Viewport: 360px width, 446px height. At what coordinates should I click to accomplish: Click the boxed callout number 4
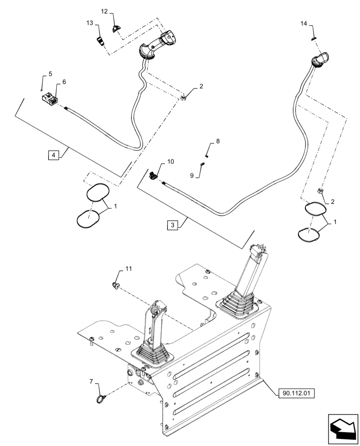(x=53, y=155)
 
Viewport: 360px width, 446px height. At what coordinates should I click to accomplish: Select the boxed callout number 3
(x=173, y=225)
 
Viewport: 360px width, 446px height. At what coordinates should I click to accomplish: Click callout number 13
(x=90, y=23)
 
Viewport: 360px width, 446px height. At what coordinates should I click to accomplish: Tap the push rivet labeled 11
(x=117, y=284)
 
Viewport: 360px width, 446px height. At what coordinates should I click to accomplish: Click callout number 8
(x=217, y=141)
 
